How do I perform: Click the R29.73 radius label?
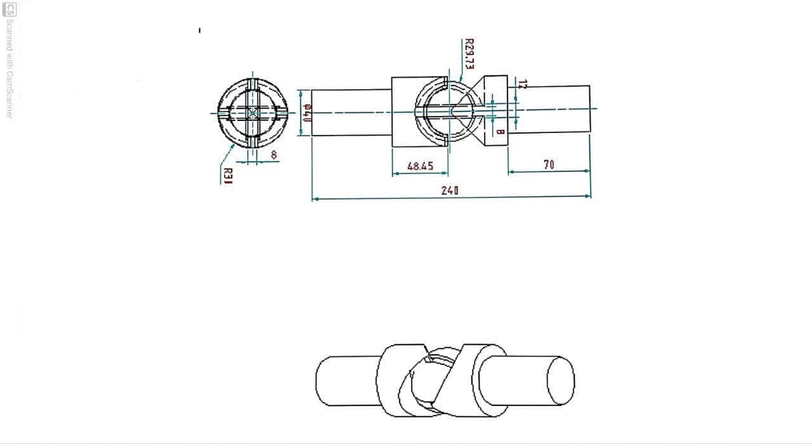click(469, 54)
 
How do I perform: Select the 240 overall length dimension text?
click(450, 190)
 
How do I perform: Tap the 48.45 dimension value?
click(420, 166)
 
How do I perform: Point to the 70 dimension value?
click(549, 165)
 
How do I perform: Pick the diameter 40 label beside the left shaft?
click(307, 112)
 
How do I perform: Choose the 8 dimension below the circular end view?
click(273, 154)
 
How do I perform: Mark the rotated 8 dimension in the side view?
click(501, 132)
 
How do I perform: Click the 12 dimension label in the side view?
click(521, 84)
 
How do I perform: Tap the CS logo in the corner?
click(10, 10)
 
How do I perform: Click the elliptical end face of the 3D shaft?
click(561, 380)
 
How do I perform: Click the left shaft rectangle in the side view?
click(351, 112)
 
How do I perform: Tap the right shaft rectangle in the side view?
click(549, 109)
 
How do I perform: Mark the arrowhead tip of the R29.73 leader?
click(460, 80)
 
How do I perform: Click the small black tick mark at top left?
click(199, 30)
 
